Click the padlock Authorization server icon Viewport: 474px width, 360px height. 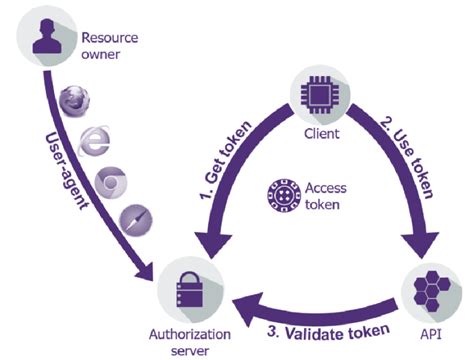[x=185, y=285]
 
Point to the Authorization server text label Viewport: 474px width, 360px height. [x=188, y=341]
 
